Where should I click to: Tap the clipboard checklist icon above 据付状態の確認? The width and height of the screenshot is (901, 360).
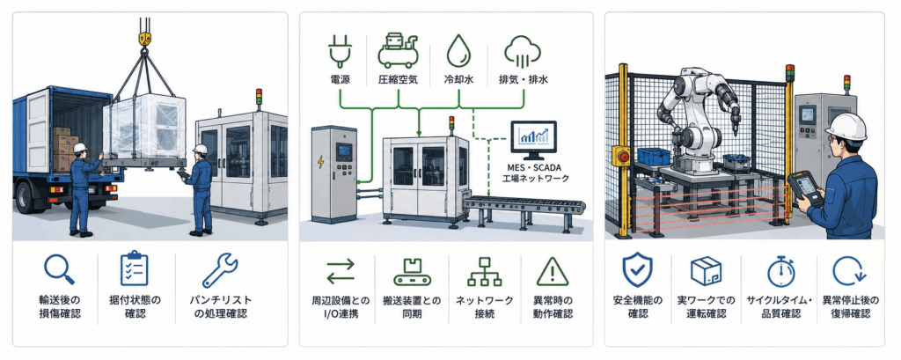pyautogui.click(x=135, y=268)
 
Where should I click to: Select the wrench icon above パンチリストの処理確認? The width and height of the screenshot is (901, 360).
pyautogui.click(x=220, y=270)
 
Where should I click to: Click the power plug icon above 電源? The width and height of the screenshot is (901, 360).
pyautogui.click(x=338, y=49)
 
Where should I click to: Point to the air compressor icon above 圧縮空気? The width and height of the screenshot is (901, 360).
pyautogui.click(x=398, y=48)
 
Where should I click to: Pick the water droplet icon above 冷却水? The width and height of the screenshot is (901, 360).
pyautogui.click(x=458, y=49)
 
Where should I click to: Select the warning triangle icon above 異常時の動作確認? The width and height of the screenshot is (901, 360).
pyautogui.click(x=553, y=271)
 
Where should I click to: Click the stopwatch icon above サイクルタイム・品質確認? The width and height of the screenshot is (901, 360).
pyautogui.click(x=780, y=271)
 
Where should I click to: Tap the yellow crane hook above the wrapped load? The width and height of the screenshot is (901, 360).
pyautogui.click(x=143, y=40)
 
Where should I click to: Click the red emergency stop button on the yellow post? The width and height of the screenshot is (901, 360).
pyautogui.click(x=622, y=154)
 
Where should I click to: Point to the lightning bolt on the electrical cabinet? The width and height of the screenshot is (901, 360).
pyautogui.click(x=320, y=162)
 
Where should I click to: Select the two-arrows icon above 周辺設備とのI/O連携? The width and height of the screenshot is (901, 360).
pyautogui.click(x=341, y=271)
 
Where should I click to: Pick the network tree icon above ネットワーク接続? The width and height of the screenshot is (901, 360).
pyautogui.click(x=485, y=271)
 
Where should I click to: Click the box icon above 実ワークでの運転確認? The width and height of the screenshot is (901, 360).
pyautogui.click(x=707, y=271)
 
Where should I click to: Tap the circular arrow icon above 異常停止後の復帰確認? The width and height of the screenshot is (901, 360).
pyautogui.click(x=850, y=271)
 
